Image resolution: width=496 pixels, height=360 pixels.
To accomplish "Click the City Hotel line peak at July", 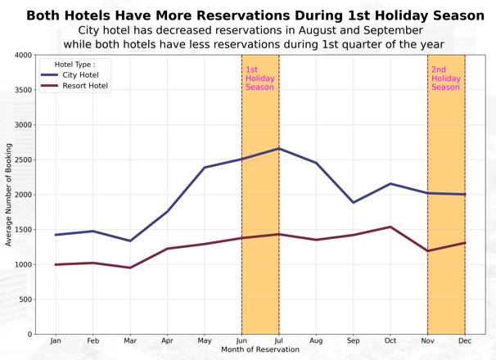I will coord(279,148).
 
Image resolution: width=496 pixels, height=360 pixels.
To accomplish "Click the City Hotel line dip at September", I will coord(354,202).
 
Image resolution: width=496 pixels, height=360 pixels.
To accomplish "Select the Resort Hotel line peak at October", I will coord(390,227).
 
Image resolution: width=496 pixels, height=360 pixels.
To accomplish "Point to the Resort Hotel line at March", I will coord(130,268).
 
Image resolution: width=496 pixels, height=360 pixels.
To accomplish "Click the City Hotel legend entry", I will coord(80,75).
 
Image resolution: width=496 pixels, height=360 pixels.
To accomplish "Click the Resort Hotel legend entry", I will coord(85,86).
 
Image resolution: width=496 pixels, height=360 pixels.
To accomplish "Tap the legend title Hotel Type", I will coord(74,64).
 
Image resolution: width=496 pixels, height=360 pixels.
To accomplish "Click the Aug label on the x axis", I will coord(316,340).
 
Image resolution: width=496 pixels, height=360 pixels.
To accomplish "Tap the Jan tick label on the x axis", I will coord(56,340).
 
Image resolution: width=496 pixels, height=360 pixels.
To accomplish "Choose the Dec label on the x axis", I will coord(465,340).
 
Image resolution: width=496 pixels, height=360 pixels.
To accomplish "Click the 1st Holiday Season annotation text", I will coord(259,79).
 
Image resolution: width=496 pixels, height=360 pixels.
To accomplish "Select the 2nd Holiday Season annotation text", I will coord(445,79).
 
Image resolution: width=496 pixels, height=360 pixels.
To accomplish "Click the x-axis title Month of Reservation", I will coord(260,350).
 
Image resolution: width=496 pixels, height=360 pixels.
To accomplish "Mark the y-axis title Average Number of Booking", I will coord(9,195).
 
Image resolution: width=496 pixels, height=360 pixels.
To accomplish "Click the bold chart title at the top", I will coord(255,16).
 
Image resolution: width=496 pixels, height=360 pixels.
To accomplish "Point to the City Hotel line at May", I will coord(205,167).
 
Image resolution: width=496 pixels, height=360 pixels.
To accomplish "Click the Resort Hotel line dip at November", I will coord(427,250).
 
